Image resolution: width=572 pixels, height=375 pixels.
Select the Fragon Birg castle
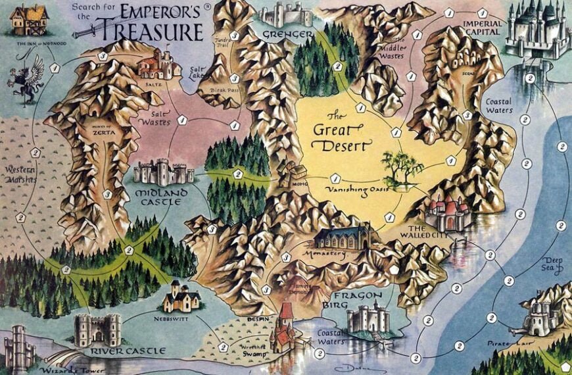click(368, 318)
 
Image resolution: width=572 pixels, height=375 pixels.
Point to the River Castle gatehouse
click(97, 329)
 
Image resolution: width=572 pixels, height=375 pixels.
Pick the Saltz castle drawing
click(158, 64)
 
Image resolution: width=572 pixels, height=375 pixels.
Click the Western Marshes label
click(20, 175)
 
